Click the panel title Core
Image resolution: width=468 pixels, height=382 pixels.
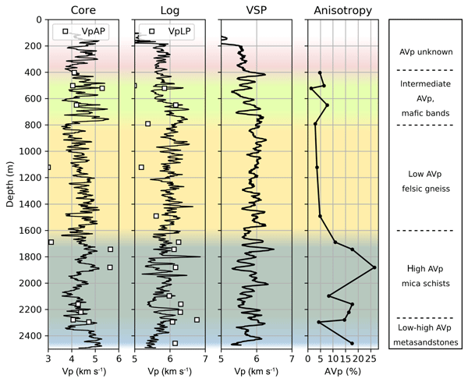[x=83, y=10]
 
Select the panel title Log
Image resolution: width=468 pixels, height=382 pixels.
[x=170, y=10]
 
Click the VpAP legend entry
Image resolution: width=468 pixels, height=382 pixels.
[x=87, y=30]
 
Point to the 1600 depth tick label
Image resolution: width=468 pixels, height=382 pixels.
[x=30, y=231]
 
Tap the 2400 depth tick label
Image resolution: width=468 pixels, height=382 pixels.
[x=30, y=336]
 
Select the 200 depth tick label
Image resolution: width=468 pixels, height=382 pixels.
[x=33, y=46]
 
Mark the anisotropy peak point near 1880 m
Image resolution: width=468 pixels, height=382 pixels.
[x=374, y=267]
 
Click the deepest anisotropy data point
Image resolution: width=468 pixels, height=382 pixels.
[x=352, y=343]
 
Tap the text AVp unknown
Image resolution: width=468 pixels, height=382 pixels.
[x=426, y=52]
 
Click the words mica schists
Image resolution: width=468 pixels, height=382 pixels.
[x=426, y=283]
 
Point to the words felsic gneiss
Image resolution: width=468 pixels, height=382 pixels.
[x=426, y=187]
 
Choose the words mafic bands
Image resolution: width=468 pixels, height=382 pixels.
[x=426, y=113]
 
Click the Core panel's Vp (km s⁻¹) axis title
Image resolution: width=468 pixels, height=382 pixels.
[x=83, y=370]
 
